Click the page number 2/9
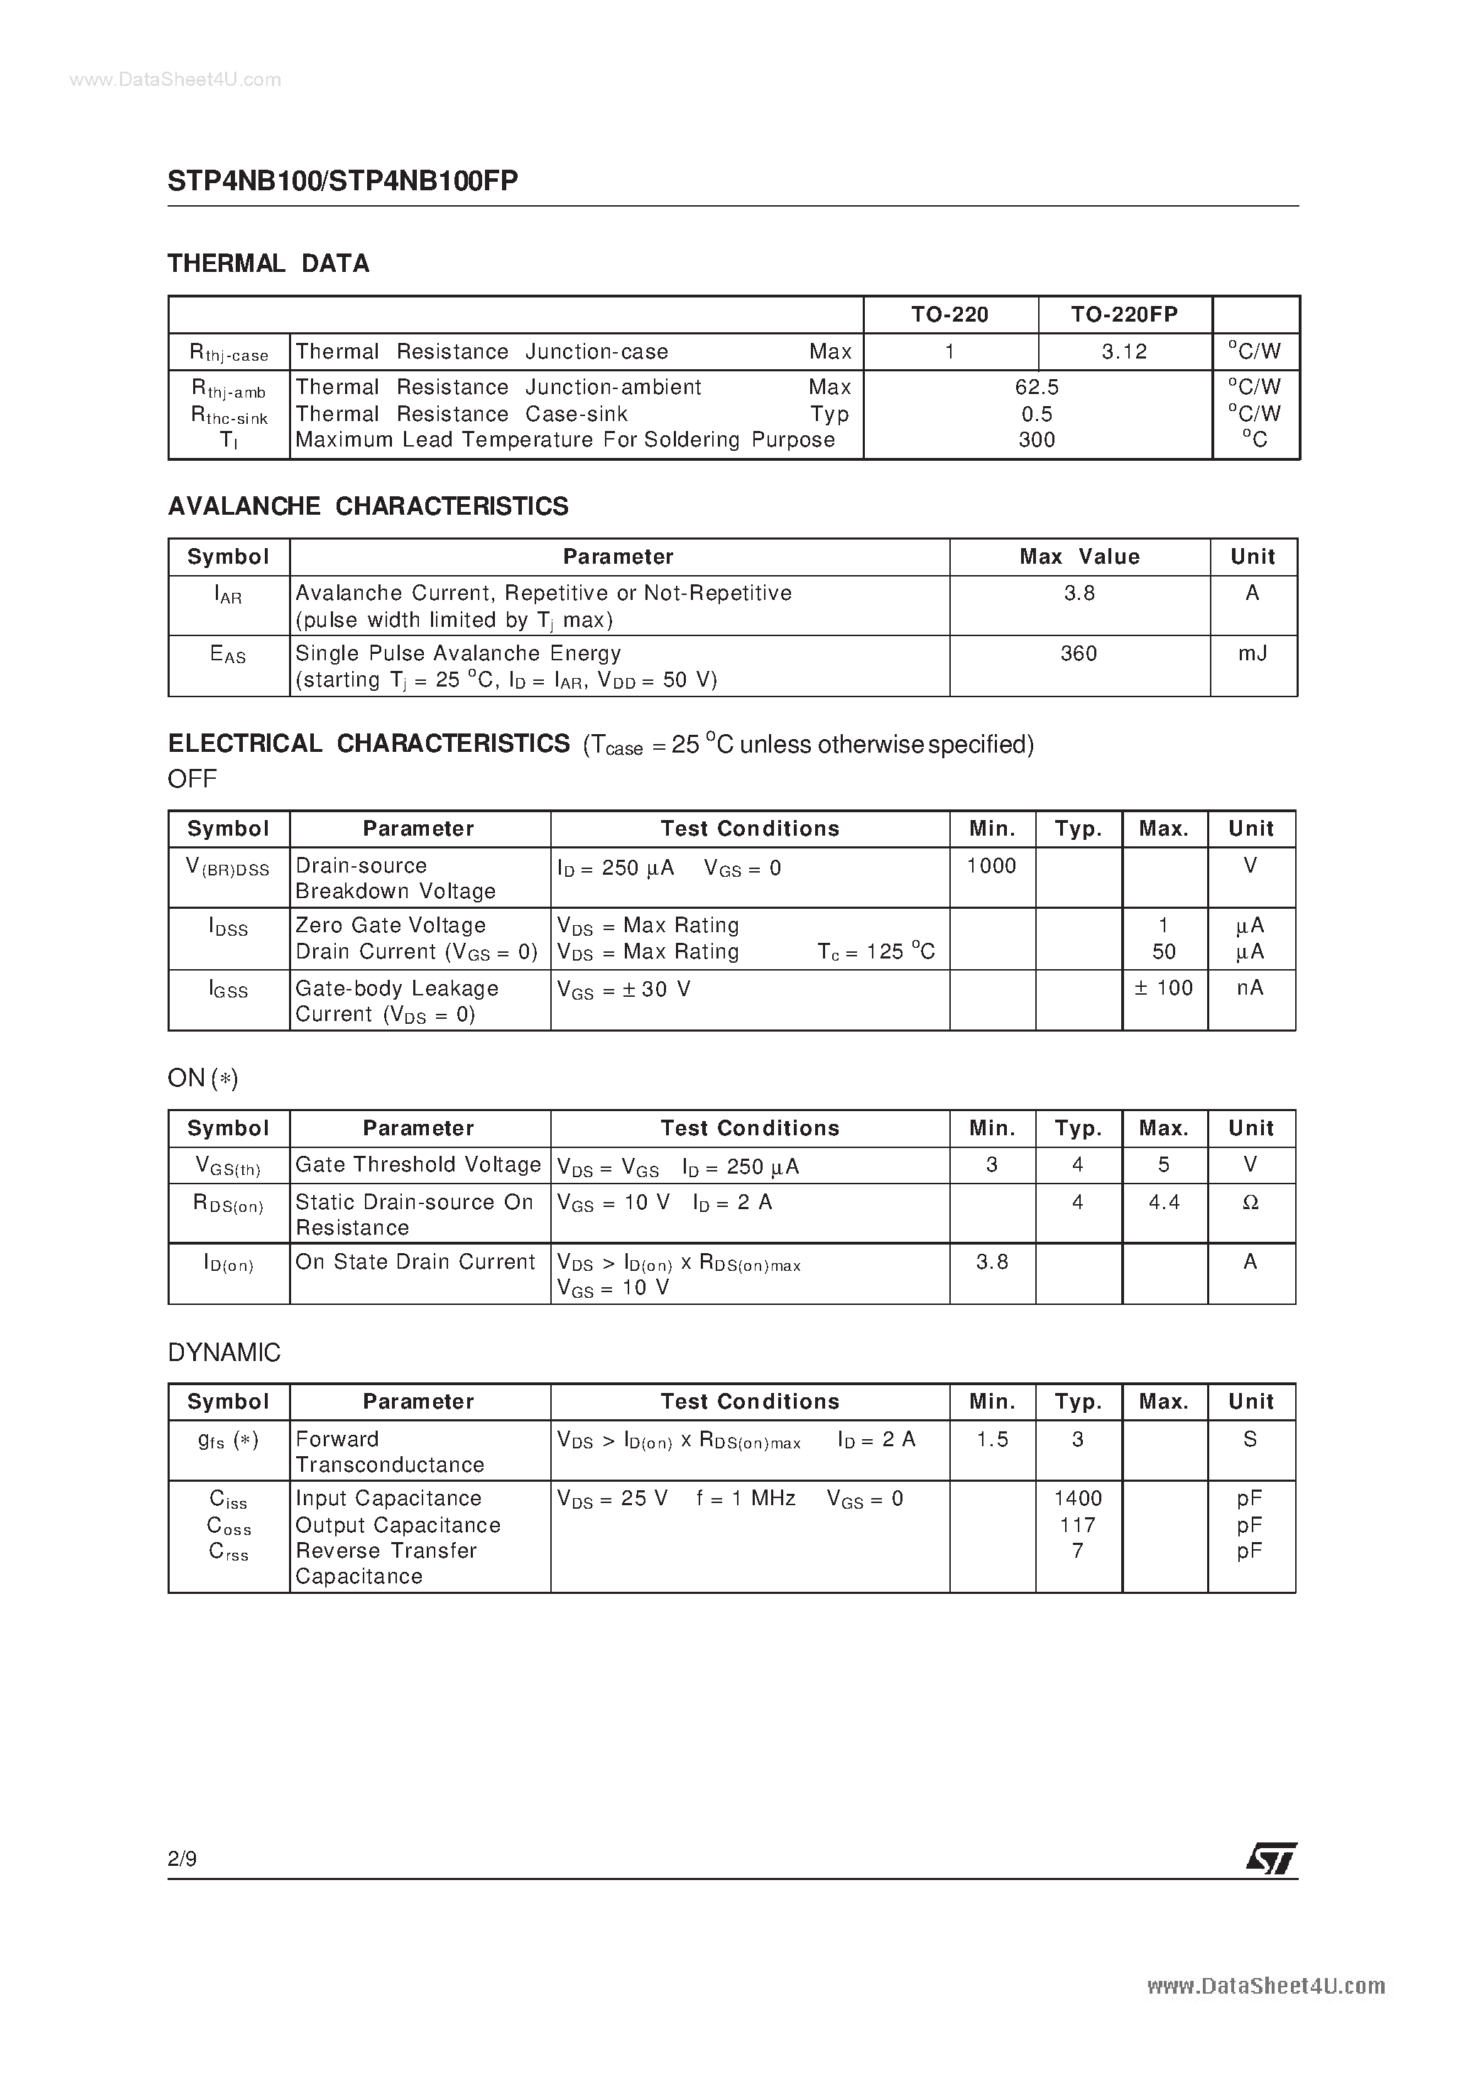click(182, 1858)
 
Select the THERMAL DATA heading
click(268, 263)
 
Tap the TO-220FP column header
click(1124, 314)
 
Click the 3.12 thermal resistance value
click(1124, 351)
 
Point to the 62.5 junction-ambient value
click(1037, 387)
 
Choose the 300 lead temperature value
click(1037, 439)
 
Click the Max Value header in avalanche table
click(1079, 556)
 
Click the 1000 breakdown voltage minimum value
click(991, 865)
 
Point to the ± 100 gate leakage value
click(1164, 988)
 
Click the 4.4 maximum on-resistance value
click(1164, 1202)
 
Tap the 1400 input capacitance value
click(1078, 1498)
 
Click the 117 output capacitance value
click(1078, 1524)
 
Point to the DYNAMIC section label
click(224, 1353)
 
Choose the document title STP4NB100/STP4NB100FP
click(343, 181)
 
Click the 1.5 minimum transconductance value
click(992, 1438)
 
